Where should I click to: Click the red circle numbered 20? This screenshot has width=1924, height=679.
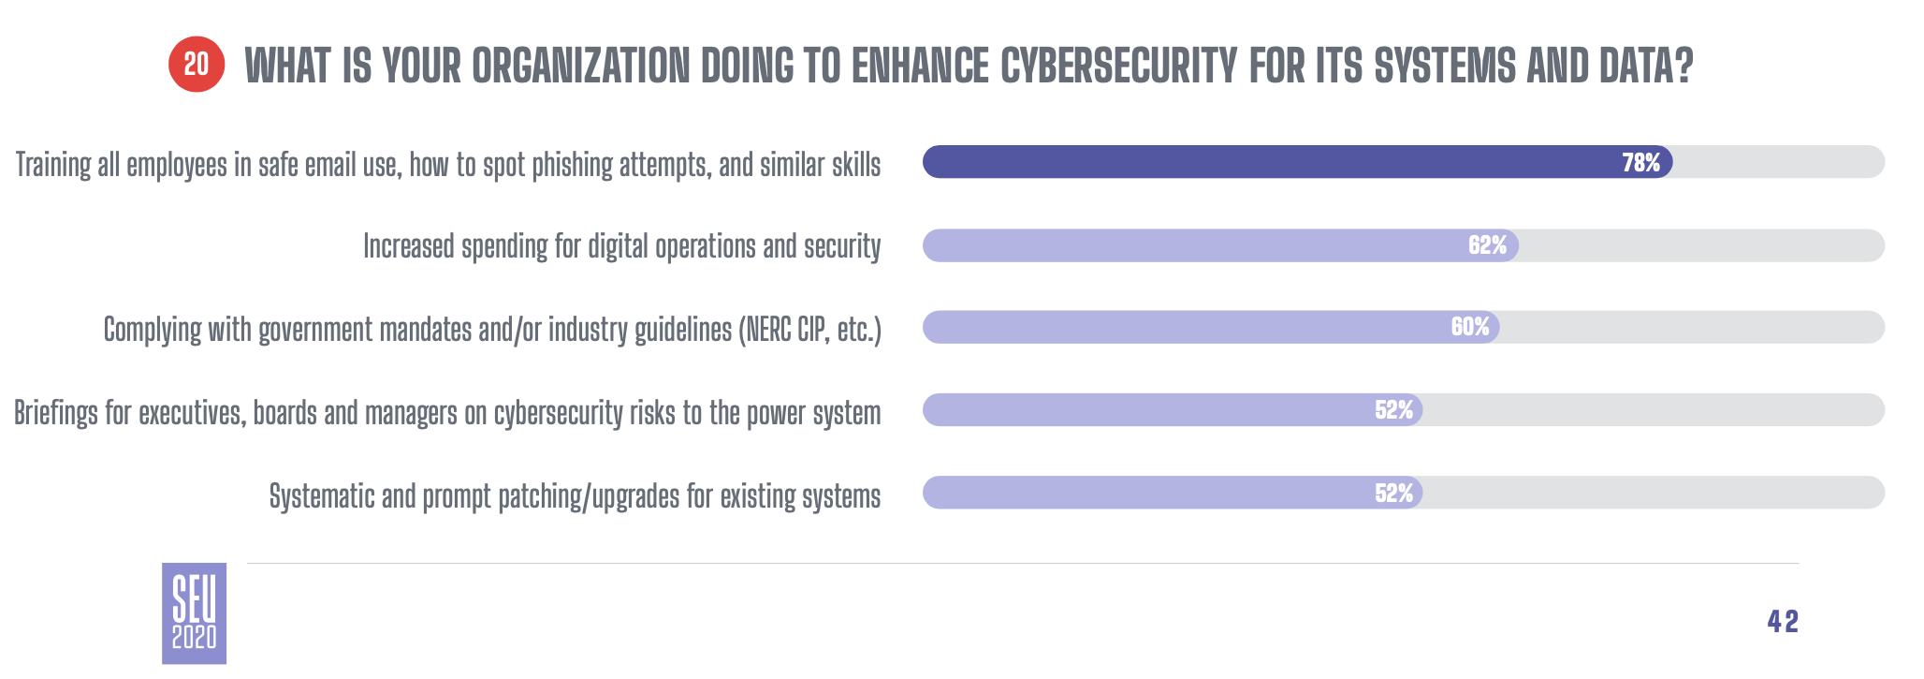coord(197,65)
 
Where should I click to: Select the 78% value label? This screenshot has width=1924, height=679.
coord(1641,163)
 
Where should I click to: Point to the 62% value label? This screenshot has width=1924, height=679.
coord(1487,245)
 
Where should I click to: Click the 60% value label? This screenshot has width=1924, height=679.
coord(1470,327)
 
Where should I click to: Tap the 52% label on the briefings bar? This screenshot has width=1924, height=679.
coord(1393,410)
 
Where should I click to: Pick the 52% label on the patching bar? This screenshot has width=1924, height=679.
coord(1393,494)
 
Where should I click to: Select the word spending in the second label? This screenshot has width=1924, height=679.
coord(504,247)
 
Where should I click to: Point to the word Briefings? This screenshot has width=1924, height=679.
coord(55,413)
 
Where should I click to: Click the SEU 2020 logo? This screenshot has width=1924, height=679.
coord(194,613)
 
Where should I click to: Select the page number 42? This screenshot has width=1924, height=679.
coord(1783,621)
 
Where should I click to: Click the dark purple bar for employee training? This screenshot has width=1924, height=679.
coord(1297,162)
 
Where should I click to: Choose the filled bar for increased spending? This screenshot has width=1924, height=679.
coord(1220,245)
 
